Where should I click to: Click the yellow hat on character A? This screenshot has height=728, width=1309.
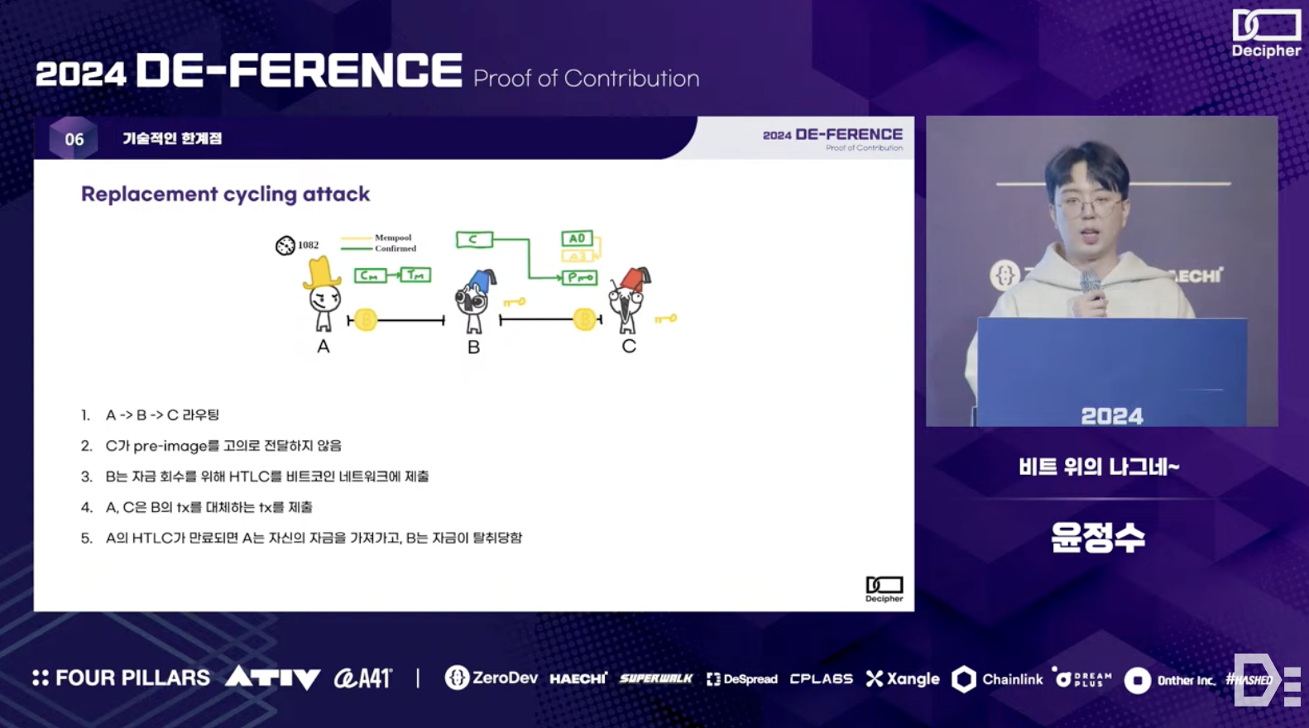click(321, 272)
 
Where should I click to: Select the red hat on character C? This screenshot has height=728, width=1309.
click(635, 279)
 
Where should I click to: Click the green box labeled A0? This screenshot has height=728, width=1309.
click(577, 238)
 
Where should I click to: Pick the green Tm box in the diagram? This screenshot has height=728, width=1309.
click(415, 275)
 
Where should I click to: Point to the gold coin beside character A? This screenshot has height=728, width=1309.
click(366, 319)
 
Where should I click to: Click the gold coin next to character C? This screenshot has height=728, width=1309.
click(584, 319)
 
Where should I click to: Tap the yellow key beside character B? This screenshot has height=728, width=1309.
click(514, 302)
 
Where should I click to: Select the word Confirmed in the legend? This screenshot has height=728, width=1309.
click(396, 248)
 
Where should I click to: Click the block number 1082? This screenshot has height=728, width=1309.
click(308, 245)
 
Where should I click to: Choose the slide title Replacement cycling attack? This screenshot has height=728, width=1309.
click(225, 194)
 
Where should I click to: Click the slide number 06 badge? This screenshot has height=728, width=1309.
click(74, 139)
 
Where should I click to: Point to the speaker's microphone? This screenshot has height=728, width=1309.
click(1090, 286)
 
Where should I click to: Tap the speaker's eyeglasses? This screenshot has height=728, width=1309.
click(1090, 205)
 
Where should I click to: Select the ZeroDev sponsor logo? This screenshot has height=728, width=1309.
click(491, 678)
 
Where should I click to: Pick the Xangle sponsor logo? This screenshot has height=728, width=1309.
click(903, 679)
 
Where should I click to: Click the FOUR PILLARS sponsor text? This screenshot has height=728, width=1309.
click(122, 678)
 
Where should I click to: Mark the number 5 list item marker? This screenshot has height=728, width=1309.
click(86, 539)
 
